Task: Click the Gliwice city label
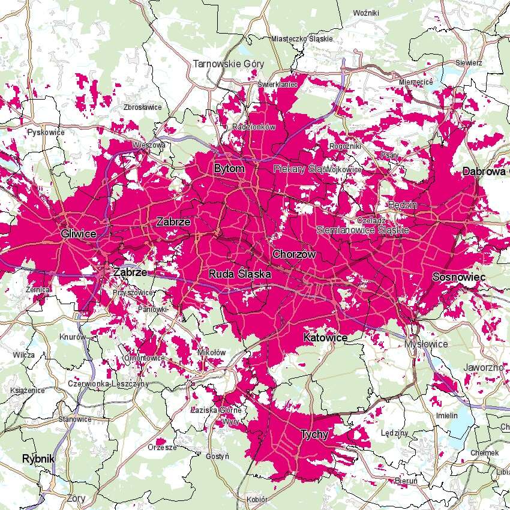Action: click(79, 233)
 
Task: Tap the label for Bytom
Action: click(229, 169)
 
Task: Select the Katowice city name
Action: click(325, 338)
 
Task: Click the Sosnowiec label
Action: click(458, 277)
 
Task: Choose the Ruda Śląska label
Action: click(240, 274)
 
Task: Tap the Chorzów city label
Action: click(294, 254)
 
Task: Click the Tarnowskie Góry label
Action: click(228, 64)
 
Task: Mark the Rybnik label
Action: click(38, 458)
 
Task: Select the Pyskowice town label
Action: click(46, 131)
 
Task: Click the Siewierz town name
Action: click(469, 62)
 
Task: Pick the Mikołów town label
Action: click(211, 352)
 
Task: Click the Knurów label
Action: click(73, 337)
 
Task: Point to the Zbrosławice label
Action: click(142, 107)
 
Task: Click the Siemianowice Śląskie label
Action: click(362, 230)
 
